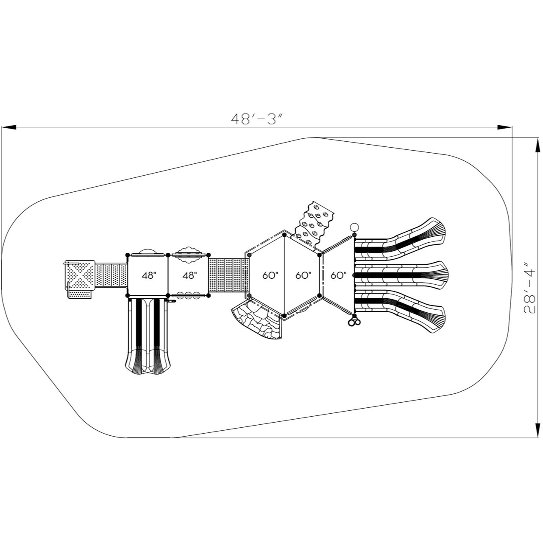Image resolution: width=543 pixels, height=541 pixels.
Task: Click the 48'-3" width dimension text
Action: [x=256, y=119]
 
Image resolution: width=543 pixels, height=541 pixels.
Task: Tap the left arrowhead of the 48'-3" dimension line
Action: [x=9, y=127]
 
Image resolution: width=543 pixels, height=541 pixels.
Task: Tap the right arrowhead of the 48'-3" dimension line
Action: [x=504, y=127]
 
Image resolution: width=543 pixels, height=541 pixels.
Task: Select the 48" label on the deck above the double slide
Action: [x=149, y=275]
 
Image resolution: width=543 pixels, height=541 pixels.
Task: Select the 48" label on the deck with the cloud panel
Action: [x=189, y=275]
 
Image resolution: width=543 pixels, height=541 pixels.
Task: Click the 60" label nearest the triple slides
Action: [x=338, y=275]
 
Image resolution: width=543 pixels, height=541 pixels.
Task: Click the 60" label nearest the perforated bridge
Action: [x=270, y=275]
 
